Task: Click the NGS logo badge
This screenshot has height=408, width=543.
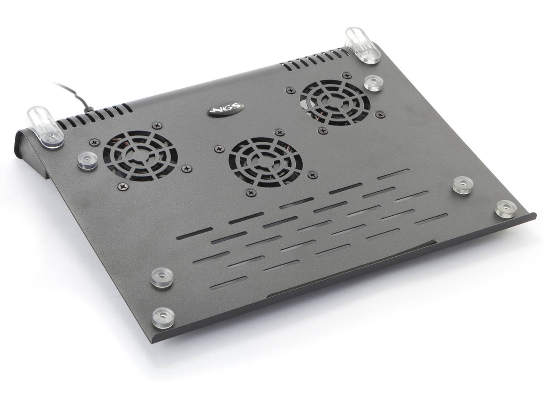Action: (x=227, y=109)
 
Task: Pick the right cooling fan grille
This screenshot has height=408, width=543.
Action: (x=335, y=103)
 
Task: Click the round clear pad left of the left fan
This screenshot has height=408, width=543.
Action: (x=87, y=161)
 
